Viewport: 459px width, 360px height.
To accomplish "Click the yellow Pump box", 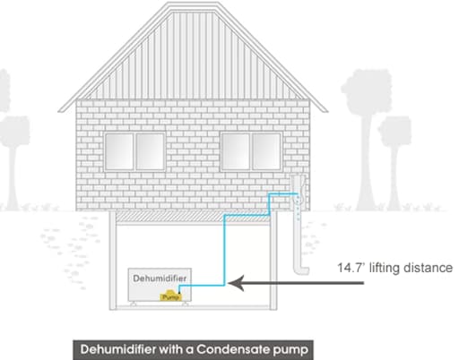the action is point(170,296).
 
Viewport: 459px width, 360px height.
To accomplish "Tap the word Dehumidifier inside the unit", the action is point(160,279).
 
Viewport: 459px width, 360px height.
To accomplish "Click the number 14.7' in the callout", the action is point(351,268).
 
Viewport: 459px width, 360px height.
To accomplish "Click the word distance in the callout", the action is point(428,268).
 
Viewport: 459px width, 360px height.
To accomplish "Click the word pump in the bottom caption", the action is point(290,350).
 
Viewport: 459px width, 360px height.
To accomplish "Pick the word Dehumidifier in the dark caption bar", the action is point(118,349).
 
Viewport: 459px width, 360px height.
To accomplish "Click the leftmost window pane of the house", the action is point(119,151).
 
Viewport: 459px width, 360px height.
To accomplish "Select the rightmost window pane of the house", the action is point(266,151).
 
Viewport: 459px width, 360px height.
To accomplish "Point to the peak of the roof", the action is point(193,3).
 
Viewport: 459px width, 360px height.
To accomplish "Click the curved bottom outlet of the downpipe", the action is point(301,270).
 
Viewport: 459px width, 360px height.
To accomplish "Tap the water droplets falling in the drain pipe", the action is point(298,208).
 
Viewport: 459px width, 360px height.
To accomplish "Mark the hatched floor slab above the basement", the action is point(193,216).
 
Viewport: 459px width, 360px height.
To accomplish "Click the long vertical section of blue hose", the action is point(224,250).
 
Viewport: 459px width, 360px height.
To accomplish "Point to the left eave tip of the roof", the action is point(59,111).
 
